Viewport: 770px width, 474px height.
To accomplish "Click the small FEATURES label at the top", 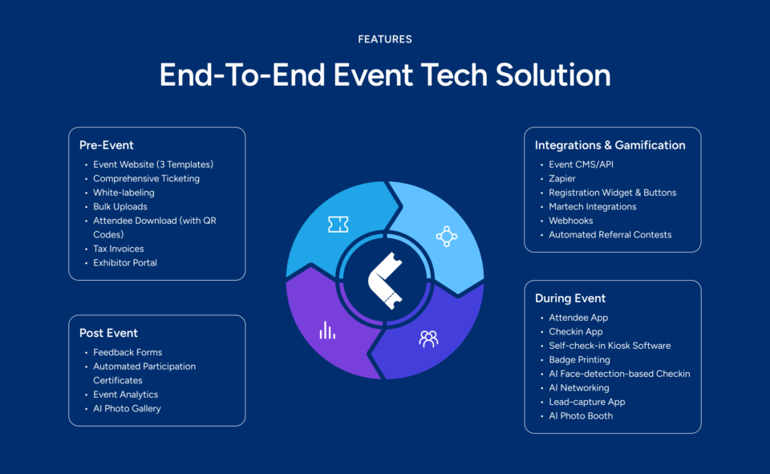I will coord(385,38).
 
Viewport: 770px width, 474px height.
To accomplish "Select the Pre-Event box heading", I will coord(106,145).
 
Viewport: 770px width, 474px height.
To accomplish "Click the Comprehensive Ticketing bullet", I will coord(146,179).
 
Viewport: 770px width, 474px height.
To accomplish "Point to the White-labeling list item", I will coord(124,192).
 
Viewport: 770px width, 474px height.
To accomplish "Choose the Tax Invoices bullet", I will coord(119,249).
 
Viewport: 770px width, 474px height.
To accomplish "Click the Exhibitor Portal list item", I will coord(125,263).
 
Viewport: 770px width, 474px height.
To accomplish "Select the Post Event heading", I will coord(108,333).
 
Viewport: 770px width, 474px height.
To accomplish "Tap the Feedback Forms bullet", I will coord(128,352).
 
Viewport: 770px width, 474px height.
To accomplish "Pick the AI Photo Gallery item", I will coord(127,408).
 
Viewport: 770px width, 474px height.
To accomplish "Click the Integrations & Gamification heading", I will coord(610,145).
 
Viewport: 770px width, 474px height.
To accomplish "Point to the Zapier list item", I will coord(562,179).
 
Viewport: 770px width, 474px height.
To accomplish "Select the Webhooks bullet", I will coord(571,221).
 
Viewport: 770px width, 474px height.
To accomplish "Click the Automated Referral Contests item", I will coord(610,235).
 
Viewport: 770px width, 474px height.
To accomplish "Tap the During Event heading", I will coord(570,298).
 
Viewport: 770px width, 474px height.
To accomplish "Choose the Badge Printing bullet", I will coord(579,360).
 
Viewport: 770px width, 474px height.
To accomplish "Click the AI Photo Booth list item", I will coord(581,415).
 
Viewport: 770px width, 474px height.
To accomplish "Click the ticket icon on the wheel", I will coord(338,225).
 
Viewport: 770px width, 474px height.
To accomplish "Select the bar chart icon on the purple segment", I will coord(327,330).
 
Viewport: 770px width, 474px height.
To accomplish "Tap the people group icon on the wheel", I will coord(428,338).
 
